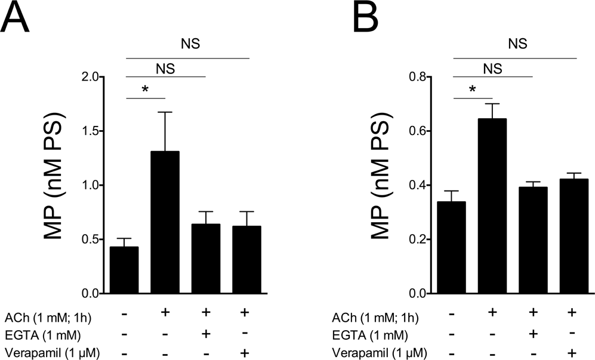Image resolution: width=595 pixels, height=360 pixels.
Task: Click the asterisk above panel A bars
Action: point(144,90)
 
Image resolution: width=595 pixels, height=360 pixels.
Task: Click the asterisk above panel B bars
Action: point(473,90)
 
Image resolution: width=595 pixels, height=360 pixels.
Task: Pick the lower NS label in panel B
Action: point(493,68)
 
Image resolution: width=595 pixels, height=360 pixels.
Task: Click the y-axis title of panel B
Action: point(382,185)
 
